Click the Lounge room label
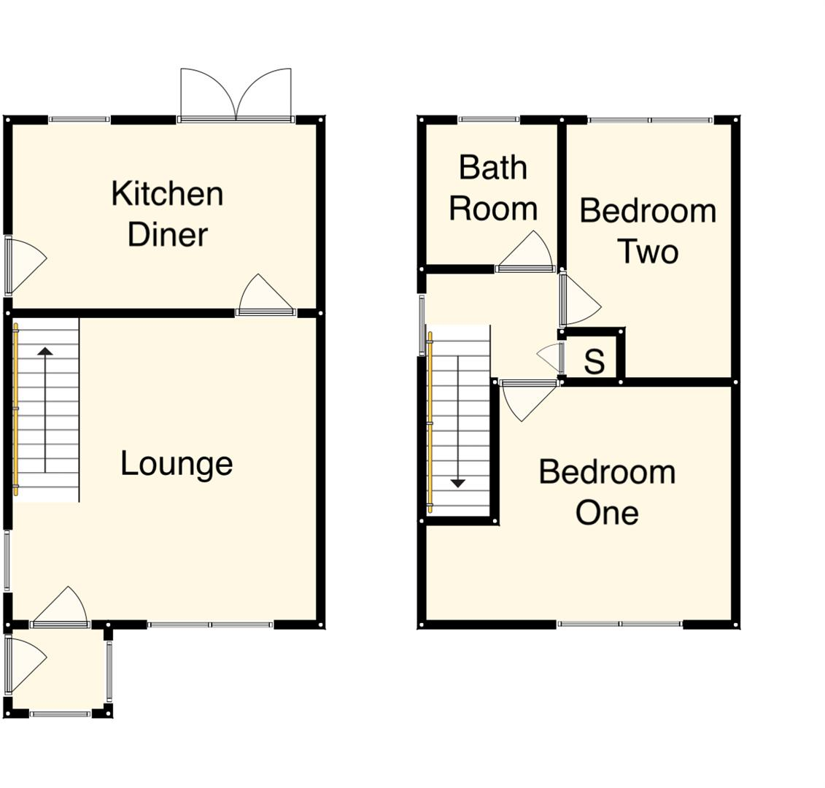[x=177, y=464]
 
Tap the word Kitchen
[x=167, y=194]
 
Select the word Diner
[x=168, y=235]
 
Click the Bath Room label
[x=493, y=188]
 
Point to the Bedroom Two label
[x=648, y=231]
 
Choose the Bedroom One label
[x=607, y=492]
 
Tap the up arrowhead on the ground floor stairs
[x=45, y=352]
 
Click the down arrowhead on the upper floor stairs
[x=457, y=482]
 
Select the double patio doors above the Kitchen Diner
[x=236, y=95]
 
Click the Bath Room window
[x=489, y=120]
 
